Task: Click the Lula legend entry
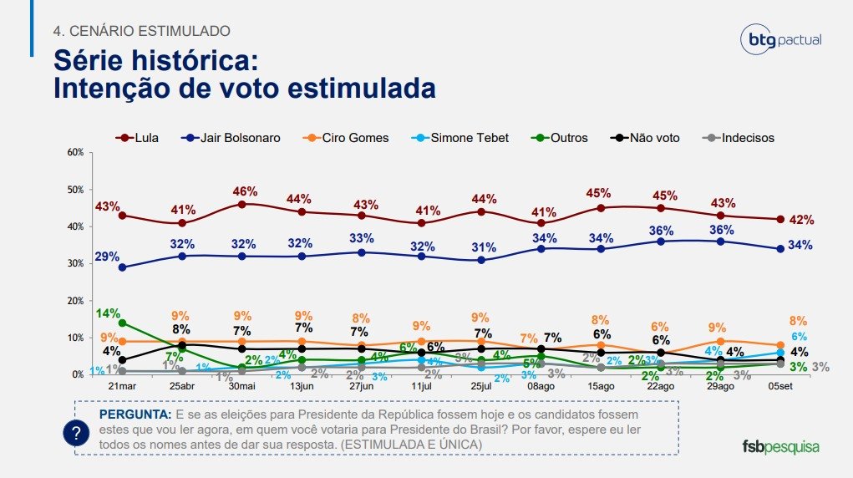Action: (144, 137)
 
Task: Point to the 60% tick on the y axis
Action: (74, 152)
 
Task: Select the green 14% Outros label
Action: (108, 313)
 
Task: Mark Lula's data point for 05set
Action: (780, 219)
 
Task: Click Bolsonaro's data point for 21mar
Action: (123, 267)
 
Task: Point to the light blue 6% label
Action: (799, 336)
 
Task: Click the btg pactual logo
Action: (782, 39)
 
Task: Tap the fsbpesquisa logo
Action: (780, 445)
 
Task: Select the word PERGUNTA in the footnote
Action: (134, 414)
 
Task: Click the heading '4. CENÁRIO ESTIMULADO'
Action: (141, 31)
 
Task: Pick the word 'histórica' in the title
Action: (190, 61)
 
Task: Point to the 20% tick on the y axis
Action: (74, 300)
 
